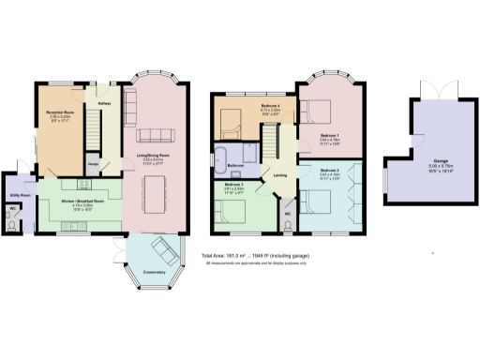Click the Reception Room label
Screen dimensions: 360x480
point(60,113)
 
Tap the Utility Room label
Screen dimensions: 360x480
point(17,195)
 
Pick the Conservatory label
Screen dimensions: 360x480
point(154,273)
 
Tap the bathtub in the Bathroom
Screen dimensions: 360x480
point(226,154)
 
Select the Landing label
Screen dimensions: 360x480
point(279,174)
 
